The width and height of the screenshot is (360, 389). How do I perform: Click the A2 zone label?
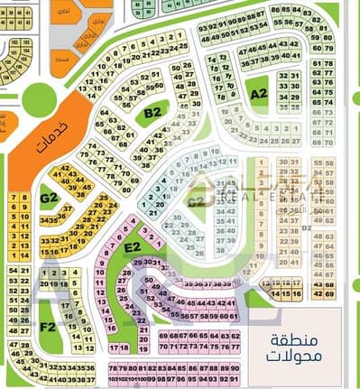pyautogui.click(x=260, y=92)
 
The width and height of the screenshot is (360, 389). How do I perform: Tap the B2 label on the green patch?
pyautogui.click(x=152, y=113)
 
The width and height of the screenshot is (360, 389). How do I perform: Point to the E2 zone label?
pyautogui.click(x=132, y=246)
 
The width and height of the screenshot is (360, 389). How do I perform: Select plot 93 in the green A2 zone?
pyautogui.click(x=201, y=27)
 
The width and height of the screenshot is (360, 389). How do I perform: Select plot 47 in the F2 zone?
pyautogui.click(x=13, y=344)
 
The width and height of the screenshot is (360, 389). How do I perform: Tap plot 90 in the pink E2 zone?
pyautogui.click(x=235, y=368)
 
